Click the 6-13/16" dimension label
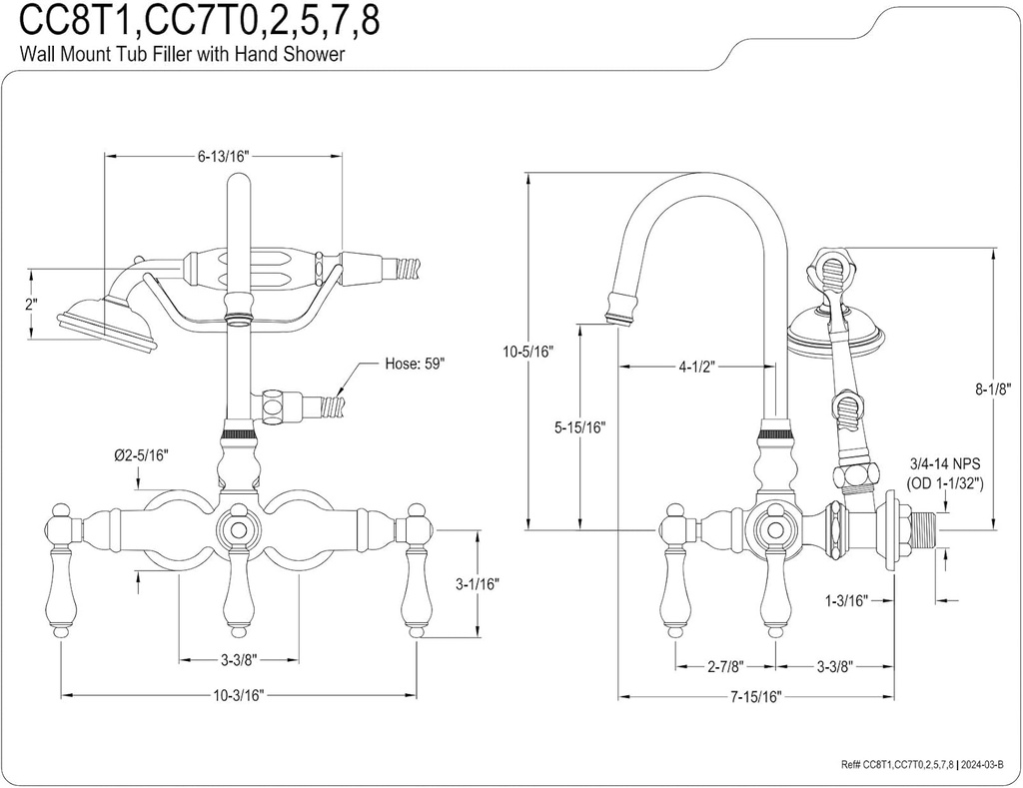coord(222,156)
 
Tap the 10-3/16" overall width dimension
coord(239,695)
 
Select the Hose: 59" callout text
coord(415,364)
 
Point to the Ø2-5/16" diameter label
coord(139,455)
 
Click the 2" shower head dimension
coord(33,305)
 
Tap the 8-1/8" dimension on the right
coord(994,389)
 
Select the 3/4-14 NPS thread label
coord(944,464)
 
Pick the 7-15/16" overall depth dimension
coord(754,695)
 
